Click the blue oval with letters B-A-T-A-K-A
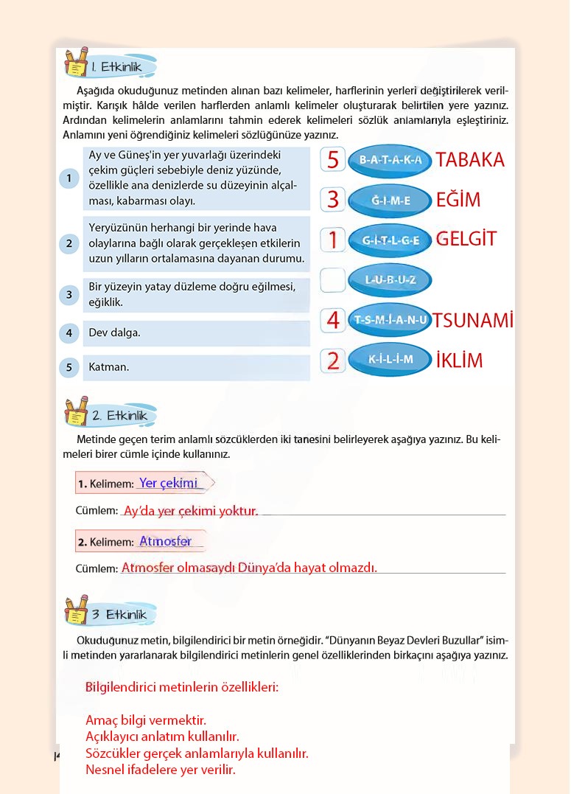tap(390, 160)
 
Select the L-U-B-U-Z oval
tap(390, 279)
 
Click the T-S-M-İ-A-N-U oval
tap(390, 319)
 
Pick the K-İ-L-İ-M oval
tap(390, 359)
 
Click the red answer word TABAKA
tap(470, 160)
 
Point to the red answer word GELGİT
tap(466, 239)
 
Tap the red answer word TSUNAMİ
tap(472, 320)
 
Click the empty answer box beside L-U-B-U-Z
tap(333, 279)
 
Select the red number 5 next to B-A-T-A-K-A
tap(333, 160)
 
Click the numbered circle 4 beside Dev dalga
tap(69, 333)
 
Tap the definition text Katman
tap(109, 367)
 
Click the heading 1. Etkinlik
tap(122, 67)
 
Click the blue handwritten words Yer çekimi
tap(169, 483)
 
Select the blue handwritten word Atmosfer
tap(165, 541)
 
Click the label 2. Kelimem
tap(106, 543)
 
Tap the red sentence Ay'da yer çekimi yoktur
tap(191, 510)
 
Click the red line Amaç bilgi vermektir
tap(146, 720)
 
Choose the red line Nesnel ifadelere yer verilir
tap(161, 770)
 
